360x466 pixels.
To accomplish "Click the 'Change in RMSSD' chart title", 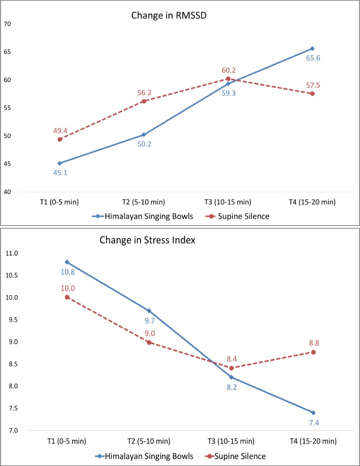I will click(x=169, y=16).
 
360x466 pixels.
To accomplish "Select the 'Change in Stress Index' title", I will click(x=147, y=240).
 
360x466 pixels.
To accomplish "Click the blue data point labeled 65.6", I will click(x=312, y=49).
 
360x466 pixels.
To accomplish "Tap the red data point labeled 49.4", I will click(x=60, y=139).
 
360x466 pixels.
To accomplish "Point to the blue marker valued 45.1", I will click(x=60, y=163).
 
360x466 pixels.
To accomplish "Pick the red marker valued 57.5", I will click(x=312, y=93).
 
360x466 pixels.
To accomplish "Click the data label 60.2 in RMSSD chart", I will click(x=229, y=71).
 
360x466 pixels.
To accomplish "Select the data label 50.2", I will click(x=144, y=144).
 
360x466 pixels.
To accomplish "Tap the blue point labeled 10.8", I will click(x=67, y=262).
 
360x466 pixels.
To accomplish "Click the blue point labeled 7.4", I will click(x=313, y=413).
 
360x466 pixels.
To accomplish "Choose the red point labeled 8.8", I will click(x=313, y=352).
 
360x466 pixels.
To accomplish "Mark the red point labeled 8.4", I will click(x=231, y=368).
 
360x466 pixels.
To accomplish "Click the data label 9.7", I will click(x=150, y=321).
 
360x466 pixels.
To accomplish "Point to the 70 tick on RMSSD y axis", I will click(x=7, y=24).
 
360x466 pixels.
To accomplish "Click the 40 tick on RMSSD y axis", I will click(x=7, y=192).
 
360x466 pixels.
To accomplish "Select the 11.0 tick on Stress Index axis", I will click(x=11, y=253).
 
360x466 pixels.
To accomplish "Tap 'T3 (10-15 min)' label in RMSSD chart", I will click(x=228, y=202).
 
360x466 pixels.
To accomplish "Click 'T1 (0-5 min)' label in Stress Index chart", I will click(x=67, y=441).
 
